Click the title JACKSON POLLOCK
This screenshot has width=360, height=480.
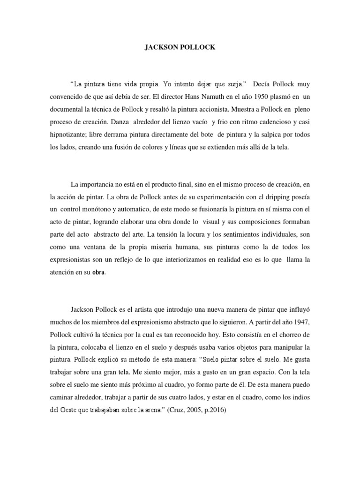pyautogui.click(x=180, y=47)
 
